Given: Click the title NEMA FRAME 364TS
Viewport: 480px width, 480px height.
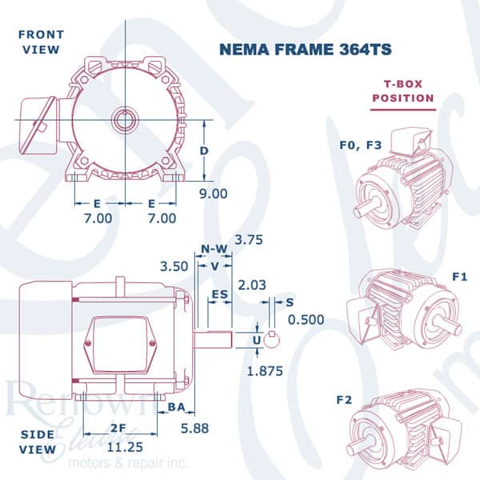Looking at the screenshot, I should [305, 50].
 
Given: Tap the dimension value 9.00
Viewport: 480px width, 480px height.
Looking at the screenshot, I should [214, 193].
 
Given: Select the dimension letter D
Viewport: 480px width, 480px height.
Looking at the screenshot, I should [204, 151].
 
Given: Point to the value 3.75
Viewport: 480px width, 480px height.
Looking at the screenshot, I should [249, 240].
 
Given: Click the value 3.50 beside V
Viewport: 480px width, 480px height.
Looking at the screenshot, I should [174, 266].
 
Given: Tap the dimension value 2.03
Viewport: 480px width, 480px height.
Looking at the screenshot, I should [254, 285].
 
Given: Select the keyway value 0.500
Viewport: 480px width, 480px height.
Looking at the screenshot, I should [306, 319].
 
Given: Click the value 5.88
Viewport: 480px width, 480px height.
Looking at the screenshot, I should [194, 429].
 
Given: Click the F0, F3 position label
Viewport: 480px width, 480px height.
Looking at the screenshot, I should [358, 146].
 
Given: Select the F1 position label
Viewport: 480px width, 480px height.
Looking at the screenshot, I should [459, 277].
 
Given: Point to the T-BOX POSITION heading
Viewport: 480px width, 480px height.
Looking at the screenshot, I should [403, 90].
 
